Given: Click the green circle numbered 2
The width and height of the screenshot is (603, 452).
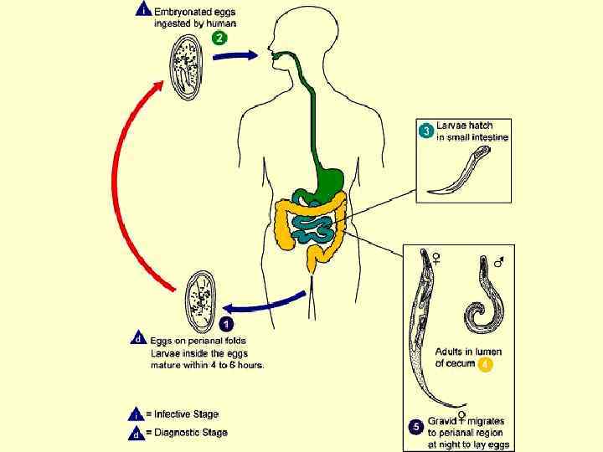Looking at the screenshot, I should (x=219, y=38).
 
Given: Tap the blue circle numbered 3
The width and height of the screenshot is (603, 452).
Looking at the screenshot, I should (x=425, y=131).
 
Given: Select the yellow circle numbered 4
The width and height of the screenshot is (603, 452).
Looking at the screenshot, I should (x=484, y=364).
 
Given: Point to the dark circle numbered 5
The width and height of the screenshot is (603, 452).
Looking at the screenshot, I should (x=415, y=427).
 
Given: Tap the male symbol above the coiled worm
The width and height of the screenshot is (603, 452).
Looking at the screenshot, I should (x=499, y=262).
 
